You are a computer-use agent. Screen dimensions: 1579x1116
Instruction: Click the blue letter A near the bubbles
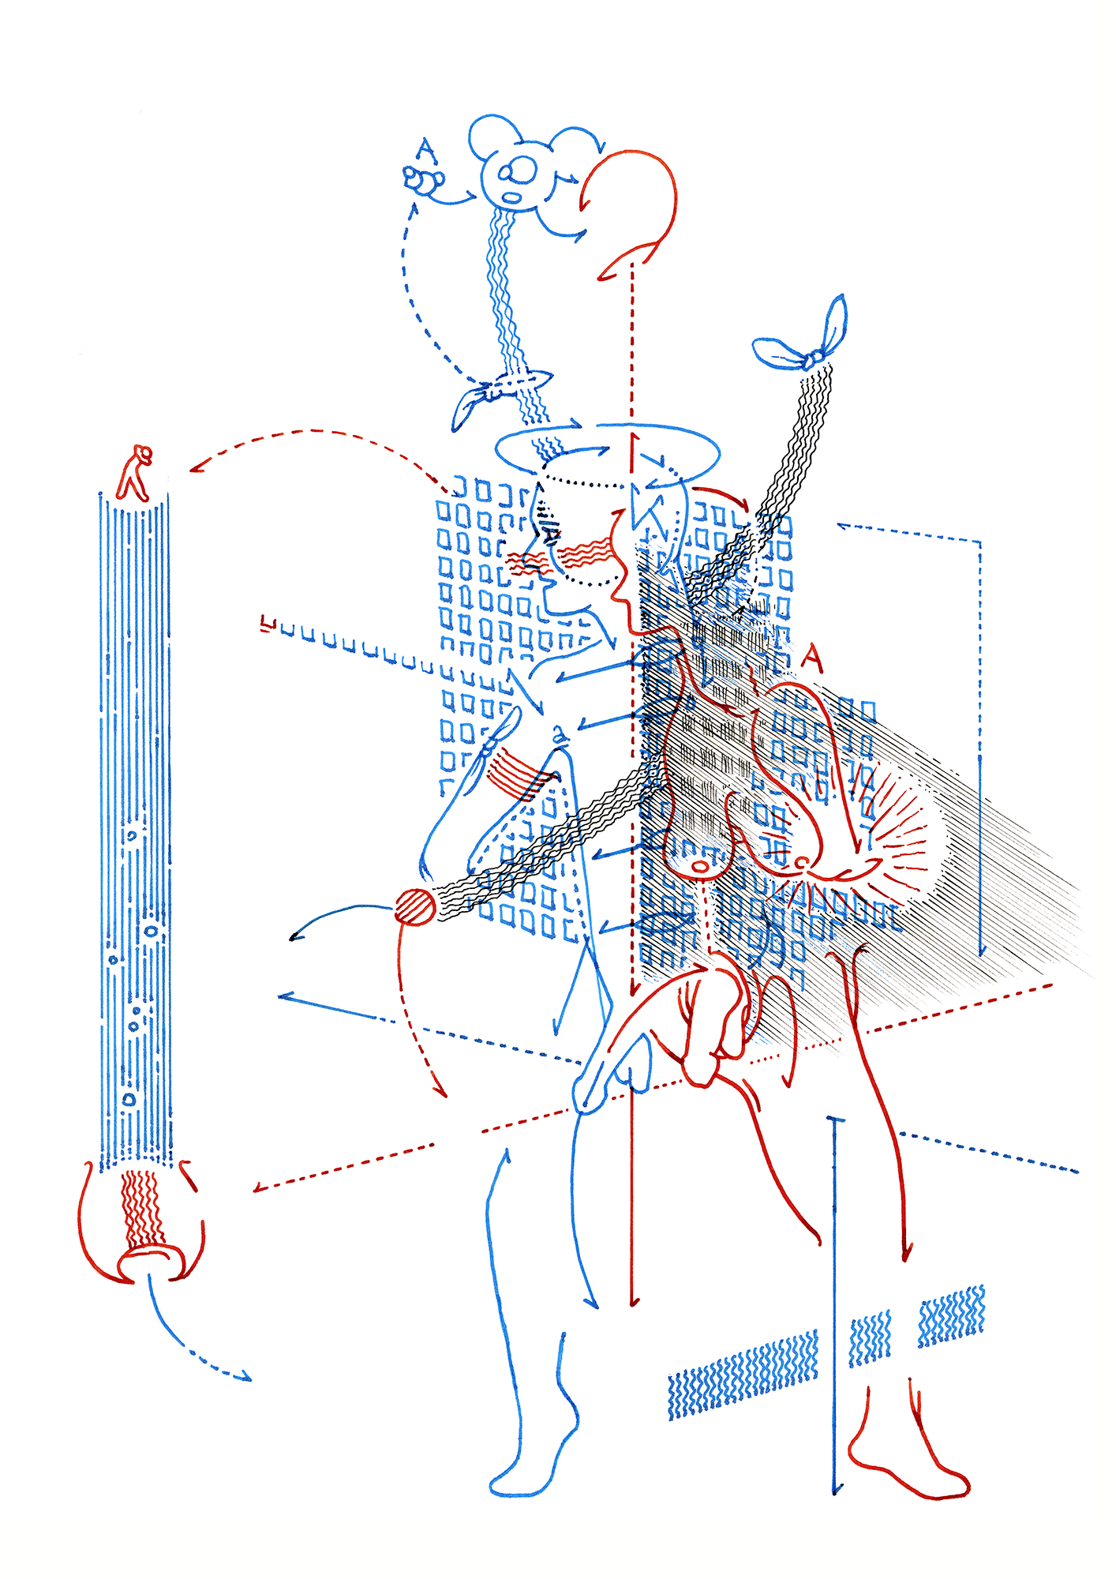pos(426,150)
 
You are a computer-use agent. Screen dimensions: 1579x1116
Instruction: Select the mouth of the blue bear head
pos(513,197)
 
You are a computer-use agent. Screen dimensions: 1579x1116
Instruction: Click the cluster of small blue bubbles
pos(423,181)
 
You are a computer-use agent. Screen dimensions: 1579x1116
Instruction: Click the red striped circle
pos(414,906)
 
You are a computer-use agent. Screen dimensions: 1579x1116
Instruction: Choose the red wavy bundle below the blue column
pos(142,1208)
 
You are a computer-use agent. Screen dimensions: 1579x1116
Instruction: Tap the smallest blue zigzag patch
pos(870,1339)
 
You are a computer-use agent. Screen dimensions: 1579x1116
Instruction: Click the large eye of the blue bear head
pos(522,168)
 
